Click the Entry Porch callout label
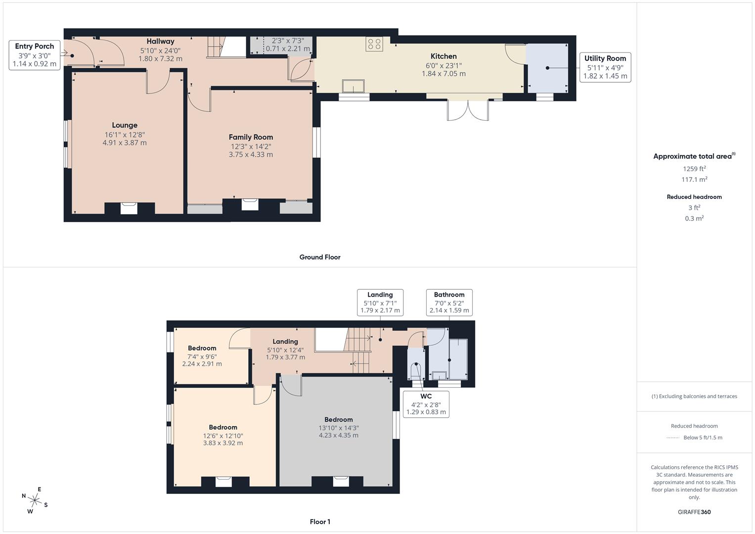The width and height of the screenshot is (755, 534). coord(35,55)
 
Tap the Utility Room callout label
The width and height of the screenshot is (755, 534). coord(605,67)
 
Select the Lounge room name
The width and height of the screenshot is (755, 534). coord(125,126)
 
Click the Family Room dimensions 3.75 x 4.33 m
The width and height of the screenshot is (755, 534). coord(251,155)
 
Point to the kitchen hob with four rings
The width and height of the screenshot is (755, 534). coord(374,44)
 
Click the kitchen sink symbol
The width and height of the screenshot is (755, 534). coord(354,86)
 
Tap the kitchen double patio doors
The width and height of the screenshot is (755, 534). coord(468,110)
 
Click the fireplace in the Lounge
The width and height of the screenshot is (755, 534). coord(129,208)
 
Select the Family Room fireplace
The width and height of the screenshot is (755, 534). coord(250,204)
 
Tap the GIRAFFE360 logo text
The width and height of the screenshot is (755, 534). coord(694,512)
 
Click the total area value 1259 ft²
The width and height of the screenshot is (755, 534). coord(694,169)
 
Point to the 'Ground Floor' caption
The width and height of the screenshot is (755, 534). coord(320,257)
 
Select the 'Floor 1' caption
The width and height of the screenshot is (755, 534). coord(320,522)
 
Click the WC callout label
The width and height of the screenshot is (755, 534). coord(426,404)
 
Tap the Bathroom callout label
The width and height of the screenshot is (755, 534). coord(449,303)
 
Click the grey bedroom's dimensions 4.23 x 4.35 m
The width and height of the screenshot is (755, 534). coord(339,436)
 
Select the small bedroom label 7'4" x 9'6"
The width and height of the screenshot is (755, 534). coord(202,356)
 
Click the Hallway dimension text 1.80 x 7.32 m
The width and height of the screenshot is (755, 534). coord(160,59)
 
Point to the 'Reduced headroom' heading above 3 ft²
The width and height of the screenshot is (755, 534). coord(694,197)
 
